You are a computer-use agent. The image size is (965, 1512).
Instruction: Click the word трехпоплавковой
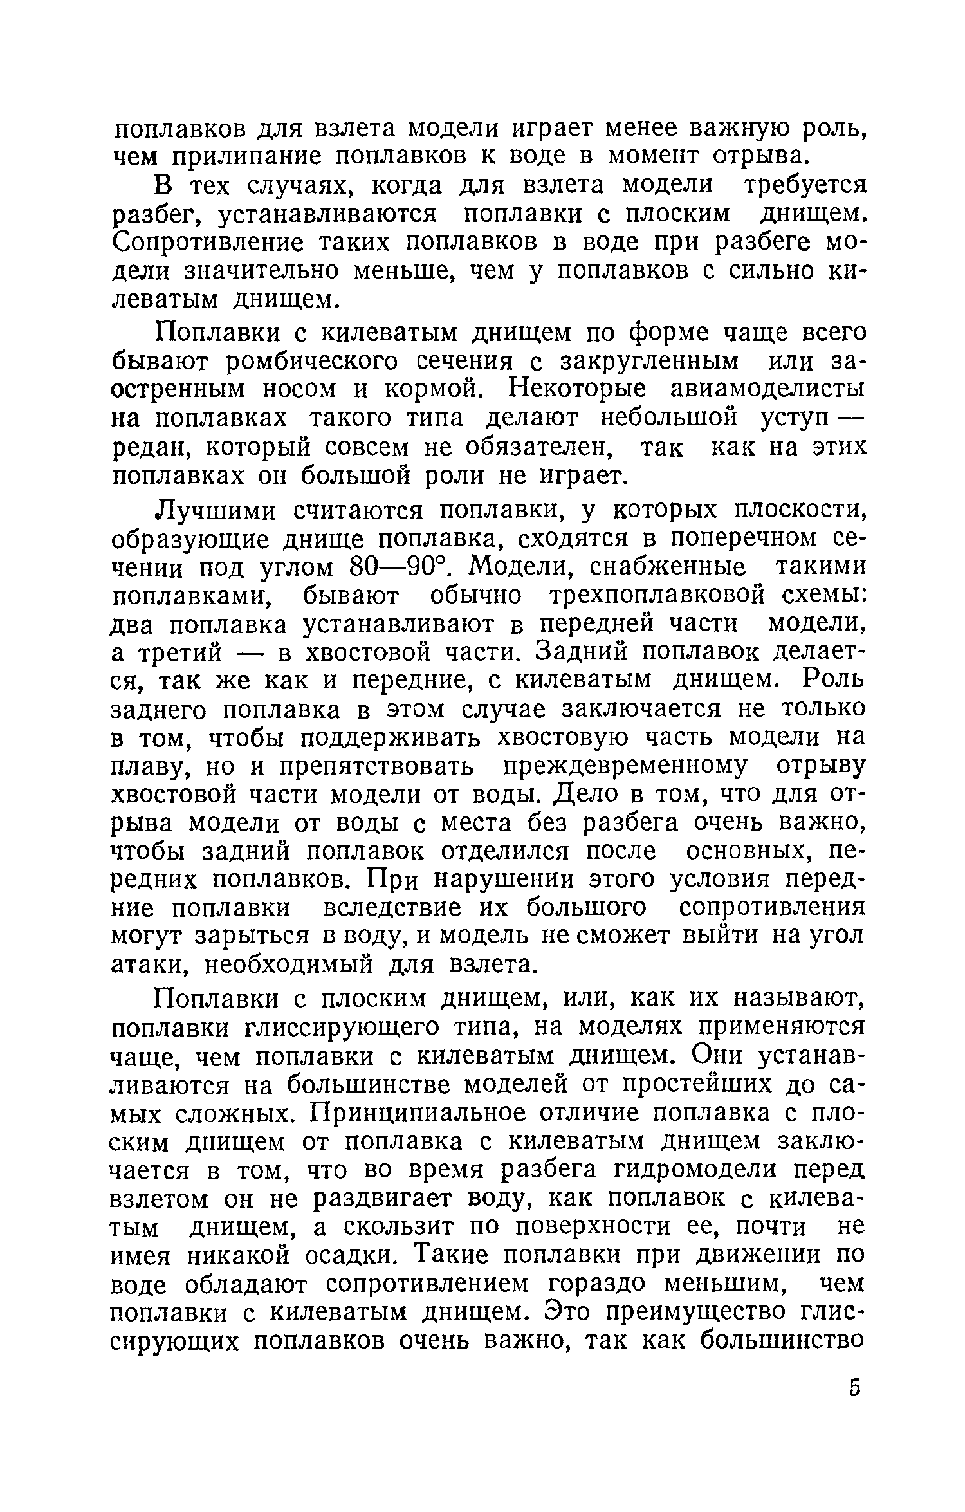[656, 596]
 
